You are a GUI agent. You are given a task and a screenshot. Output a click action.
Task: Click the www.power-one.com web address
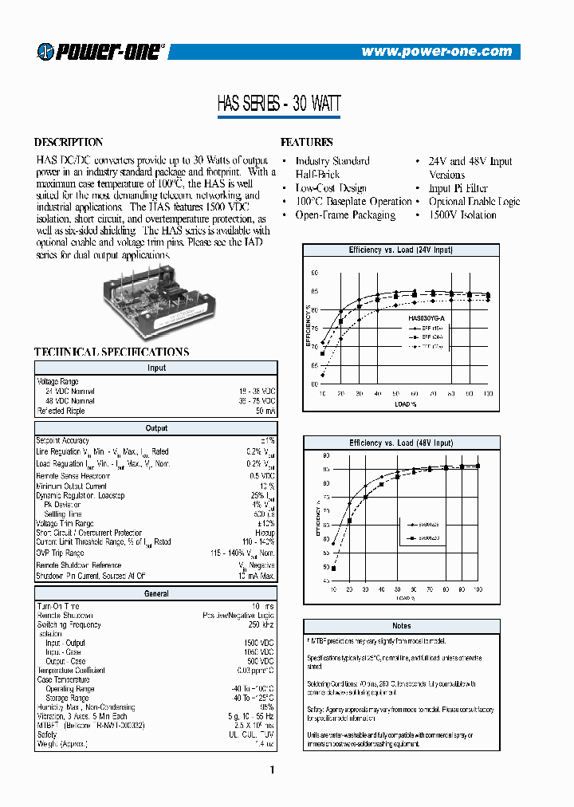(x=436, y=52)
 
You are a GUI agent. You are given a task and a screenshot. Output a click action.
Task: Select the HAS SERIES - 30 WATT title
(x=279, y=104)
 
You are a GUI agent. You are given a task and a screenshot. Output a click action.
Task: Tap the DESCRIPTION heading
(x=69, y=142)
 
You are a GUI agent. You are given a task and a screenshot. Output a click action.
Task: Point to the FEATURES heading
(x=307, y=142)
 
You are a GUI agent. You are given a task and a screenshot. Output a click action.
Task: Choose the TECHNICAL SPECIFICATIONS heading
(x=112, y=352)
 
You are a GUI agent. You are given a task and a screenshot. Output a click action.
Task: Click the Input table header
(x=156, y=368)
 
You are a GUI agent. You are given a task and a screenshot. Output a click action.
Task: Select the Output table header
(x=156, y=428)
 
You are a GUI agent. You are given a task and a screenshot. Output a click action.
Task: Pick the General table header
(x=156, y=593)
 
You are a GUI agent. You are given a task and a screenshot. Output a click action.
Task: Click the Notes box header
(x=401, y=626)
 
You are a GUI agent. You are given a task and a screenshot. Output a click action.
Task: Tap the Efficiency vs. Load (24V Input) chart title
(x=400, y=250)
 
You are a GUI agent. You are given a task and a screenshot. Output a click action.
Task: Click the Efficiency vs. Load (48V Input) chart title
(x=400, y=443)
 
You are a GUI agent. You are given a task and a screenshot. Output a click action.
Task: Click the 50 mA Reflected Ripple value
(x=265, y=411)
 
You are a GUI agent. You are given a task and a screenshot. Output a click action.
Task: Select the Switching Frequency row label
(x=69, y=624)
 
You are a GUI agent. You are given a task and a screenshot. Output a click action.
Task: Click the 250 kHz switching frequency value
(x=261, y=624)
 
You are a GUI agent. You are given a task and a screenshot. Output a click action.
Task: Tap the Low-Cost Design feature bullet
(x=331, y=188)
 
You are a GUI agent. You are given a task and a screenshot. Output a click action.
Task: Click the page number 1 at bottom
(x=272, y=770)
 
